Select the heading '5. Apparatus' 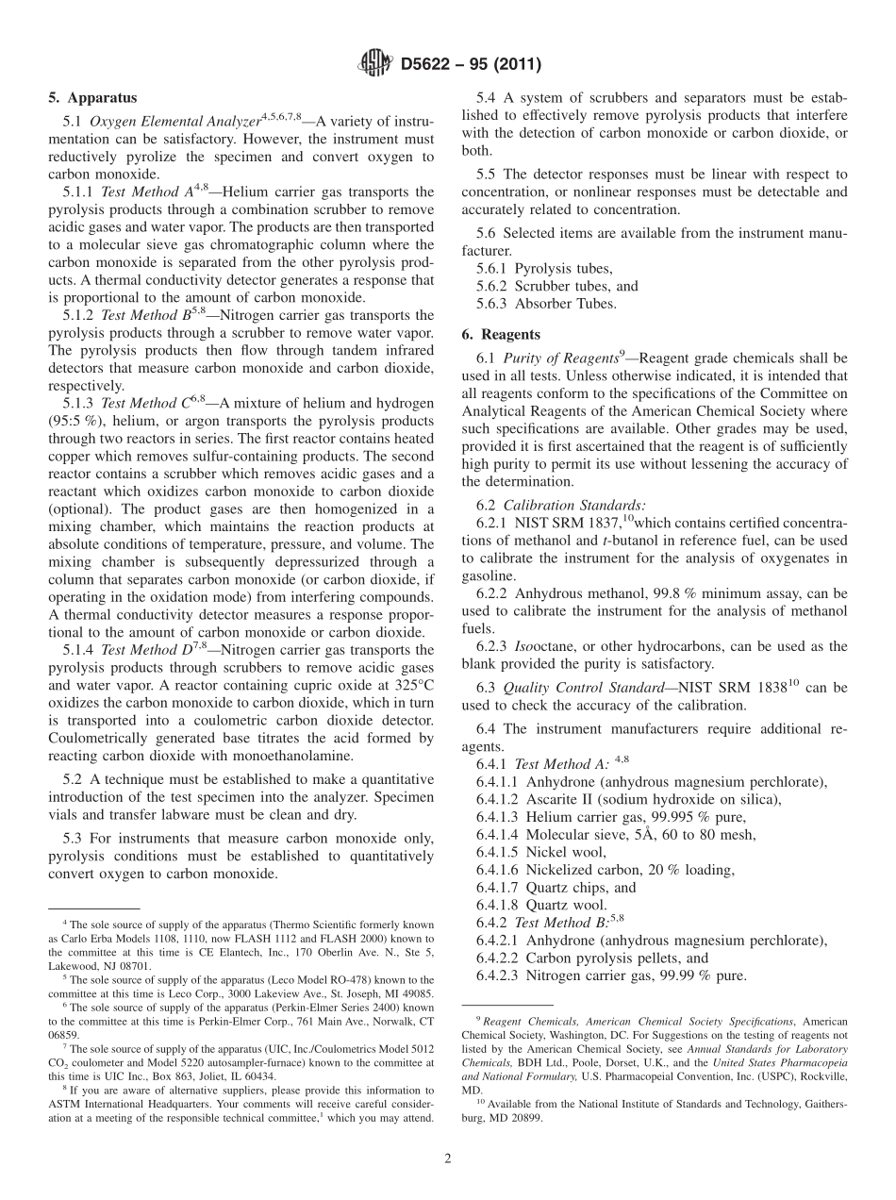(x=92, y=97)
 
